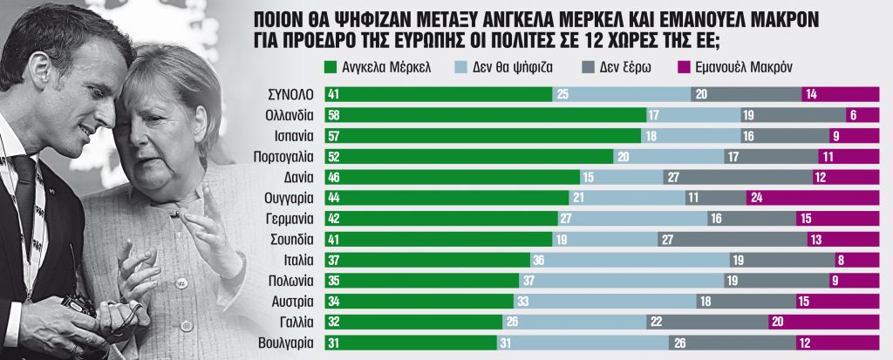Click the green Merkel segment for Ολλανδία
click(484, 115)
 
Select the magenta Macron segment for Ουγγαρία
click(812, 198)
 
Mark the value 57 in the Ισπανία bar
click(332, 136)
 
